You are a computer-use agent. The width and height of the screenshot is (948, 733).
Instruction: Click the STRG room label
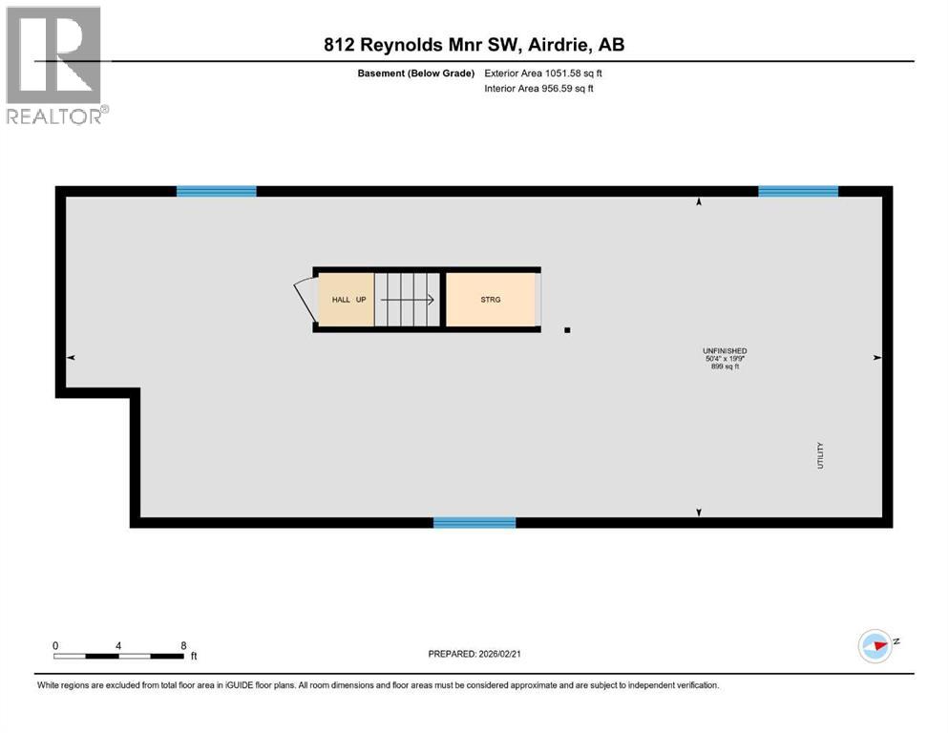coord(491,300)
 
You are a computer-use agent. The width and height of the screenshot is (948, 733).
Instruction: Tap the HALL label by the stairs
coord(341,300)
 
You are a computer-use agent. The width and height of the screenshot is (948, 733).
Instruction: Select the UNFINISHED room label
coord(724,351)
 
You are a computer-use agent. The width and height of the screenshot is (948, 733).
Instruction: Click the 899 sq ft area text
coord(724,367)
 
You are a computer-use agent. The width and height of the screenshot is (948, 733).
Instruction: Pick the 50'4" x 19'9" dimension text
coord(724,359)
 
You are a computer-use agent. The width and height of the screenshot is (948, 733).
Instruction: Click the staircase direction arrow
coord(411,300)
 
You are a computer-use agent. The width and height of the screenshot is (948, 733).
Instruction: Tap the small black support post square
coord(567,330)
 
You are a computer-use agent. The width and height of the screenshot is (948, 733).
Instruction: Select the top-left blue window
coord(217,191)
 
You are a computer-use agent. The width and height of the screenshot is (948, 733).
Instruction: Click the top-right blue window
coord(798,191)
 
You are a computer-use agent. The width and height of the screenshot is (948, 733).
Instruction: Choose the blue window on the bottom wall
coord(474,522)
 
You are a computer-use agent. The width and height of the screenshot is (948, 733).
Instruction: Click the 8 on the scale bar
coord(182,645)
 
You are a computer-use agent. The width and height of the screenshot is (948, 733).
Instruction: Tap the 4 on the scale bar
coord(118,645)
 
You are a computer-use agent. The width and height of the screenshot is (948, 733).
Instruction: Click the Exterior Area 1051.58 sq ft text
coord(543,73)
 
